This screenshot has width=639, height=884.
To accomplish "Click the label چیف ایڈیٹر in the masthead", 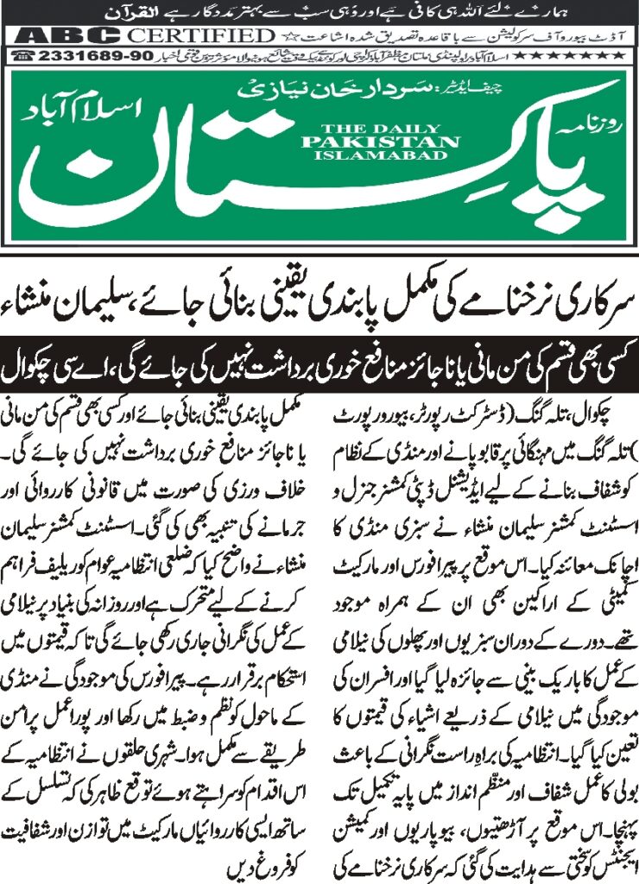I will click(x=414, y=89).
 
